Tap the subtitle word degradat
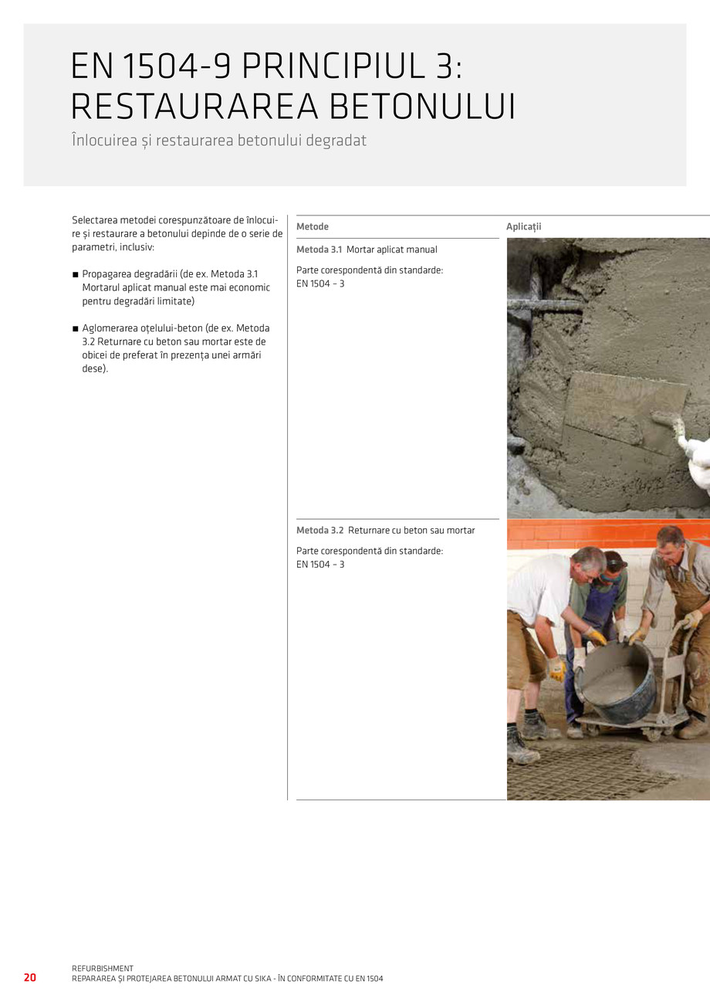point(334,142)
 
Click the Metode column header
point(313,226)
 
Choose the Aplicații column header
point(524,226)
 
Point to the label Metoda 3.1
point(319,250)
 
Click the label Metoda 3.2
point(319,531)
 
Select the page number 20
point(30,977)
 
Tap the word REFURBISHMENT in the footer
point(103,968)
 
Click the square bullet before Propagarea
point(76,274)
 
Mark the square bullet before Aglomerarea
point(76,328)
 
